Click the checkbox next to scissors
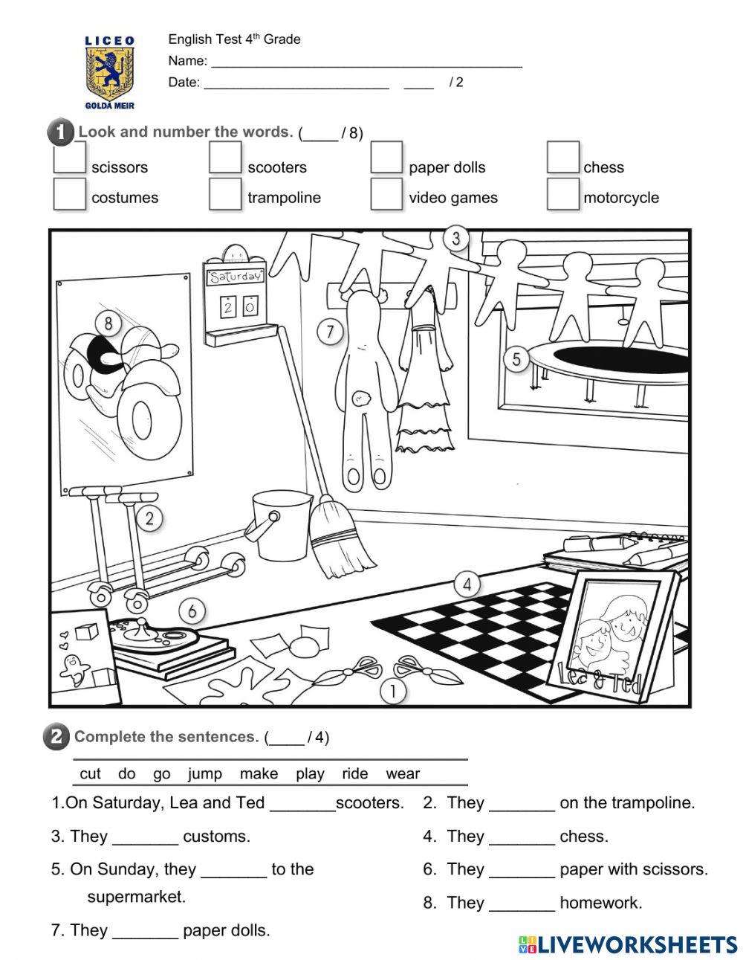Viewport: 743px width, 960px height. (x=69, y=159)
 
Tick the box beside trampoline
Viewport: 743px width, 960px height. (x=224, y=194)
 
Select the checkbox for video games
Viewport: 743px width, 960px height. (x=386, y=194)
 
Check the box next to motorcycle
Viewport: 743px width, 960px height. (x=562, y=194)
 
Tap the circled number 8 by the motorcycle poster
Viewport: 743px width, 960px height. (x=108, y=323)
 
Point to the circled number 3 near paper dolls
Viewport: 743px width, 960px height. (x=456, y=239)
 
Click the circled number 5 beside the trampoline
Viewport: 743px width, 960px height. (x=516, y=360)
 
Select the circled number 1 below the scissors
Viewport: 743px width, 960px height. (x=393, y=691)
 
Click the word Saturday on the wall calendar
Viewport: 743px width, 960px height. (x=235, y=277)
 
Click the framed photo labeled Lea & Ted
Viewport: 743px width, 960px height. (x=617, y=631)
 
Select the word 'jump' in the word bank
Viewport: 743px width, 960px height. (x=204, y=773)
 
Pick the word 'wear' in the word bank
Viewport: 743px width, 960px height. (x=403, y=773)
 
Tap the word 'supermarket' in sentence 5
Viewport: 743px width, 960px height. (x=136, y=896)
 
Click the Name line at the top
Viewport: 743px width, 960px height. (x=364, y=61)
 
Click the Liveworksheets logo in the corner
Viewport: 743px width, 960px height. (x=628, y=944)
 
